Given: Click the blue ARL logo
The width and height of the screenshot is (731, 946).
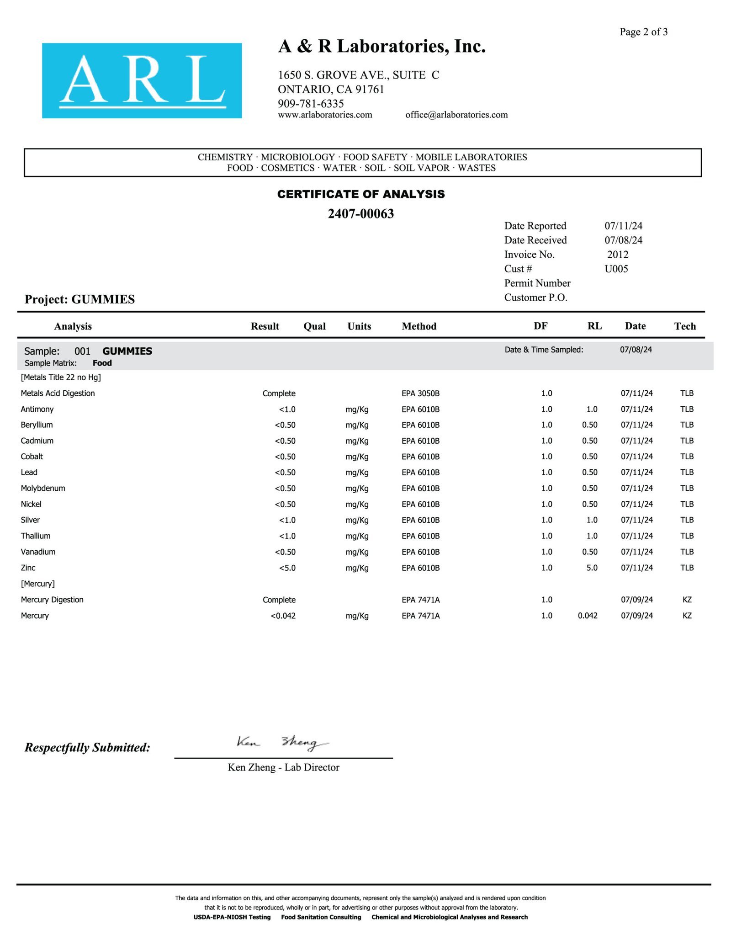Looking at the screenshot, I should coord(142,80).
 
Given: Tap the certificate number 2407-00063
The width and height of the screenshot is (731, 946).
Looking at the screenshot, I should coord(360,213).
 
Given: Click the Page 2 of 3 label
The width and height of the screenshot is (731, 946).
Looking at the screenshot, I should coord(643,32).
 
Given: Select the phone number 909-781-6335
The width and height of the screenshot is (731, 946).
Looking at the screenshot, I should coord(311,103).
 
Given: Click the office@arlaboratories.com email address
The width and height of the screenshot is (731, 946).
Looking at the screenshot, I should coord(456,115).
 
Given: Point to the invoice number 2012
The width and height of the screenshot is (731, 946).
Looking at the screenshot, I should coord(618,255).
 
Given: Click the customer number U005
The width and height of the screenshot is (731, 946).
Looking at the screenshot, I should coord(616,269).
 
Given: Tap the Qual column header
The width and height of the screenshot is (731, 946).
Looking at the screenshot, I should coord(314,326).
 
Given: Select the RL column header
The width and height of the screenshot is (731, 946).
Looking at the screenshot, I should coord(594,326).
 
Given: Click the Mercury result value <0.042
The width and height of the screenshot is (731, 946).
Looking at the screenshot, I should coord(283,616).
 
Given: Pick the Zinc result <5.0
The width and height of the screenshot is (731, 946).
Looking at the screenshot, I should coord(287,568).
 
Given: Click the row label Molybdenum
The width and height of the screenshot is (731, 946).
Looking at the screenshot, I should coord(43,488).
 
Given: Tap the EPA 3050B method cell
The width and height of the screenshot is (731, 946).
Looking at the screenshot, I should coord(420,393).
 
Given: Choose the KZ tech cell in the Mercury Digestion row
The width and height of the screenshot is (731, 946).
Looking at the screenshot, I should coord(687,600).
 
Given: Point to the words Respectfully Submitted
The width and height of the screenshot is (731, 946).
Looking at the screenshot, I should coord(87,748).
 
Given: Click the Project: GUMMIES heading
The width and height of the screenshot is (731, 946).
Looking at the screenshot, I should coord(79,299).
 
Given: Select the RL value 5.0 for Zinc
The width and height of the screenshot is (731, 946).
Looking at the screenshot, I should coord(592,568).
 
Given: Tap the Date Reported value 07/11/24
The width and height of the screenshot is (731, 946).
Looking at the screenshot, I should coord(623,226).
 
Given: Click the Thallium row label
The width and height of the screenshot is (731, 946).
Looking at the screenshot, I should coord(36,536).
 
